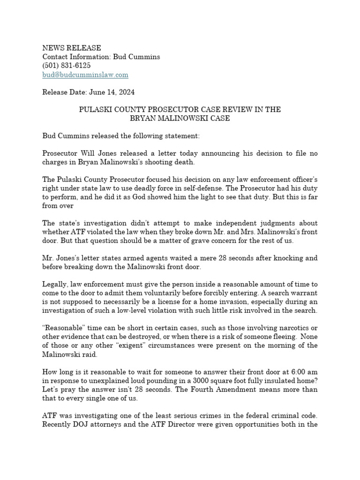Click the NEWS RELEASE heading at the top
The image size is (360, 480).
coord(71,48)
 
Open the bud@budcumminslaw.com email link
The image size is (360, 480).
coord(85,75)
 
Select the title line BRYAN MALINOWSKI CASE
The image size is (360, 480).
coord(180,119)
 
